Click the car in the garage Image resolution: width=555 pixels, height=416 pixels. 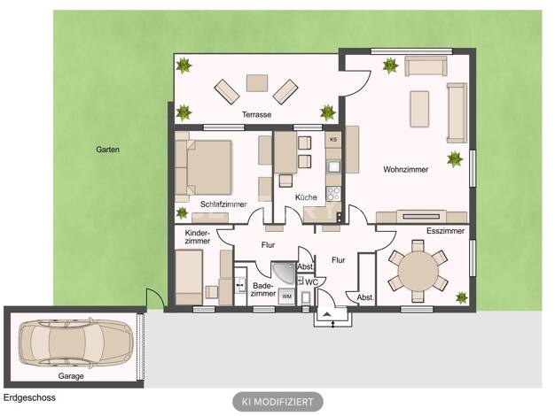pyautogui.click(x=76, y=343)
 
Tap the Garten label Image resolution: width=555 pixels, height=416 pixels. pyautogui.click(x=107, y=150)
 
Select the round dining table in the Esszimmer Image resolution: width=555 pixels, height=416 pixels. pyautogui.click(x=418, y=271)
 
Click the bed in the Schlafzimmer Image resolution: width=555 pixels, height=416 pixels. pyautogui.click(x=204, y=167)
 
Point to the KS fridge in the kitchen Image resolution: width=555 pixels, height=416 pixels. pyautogui.click(x=333, y=140)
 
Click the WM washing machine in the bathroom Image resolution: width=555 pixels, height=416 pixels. pyautogui.click(x=286, y=297)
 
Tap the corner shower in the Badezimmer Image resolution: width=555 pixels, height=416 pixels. pyautogui.click(x=283, y=273)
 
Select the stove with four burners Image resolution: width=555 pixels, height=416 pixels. pyautogui.click(x=333, y=194)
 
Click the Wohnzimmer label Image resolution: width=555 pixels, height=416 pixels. pyautogui.click(x=406, y=169)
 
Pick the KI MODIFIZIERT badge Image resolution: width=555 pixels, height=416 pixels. pyautogui.click(x=277, y=402)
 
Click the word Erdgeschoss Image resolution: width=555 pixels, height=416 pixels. pyautogui.click(x=30, y=397)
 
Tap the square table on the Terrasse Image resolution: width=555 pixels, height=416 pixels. pyautogui.click(x=257, y=83)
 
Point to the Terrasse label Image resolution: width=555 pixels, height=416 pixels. pyautogui.click(x=256, y=114)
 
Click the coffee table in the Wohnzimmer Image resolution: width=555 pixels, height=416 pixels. pyautogui.click(x=419, y=109)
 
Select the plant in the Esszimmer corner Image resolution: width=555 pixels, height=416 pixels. pyautogui.click(x=462, y=298)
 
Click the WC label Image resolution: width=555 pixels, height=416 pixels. pyautogui.click(x=311, y=282)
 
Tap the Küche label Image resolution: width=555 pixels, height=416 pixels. pyautogui.click(x=306, y=197)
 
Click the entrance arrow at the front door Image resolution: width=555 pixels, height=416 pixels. pyautogui.click(x=327, y=313)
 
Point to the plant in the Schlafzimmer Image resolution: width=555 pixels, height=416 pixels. pyautogui.click(x=182, y=212)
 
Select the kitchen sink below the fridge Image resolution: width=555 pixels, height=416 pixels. pyautogui.click(x=333, y=166)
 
